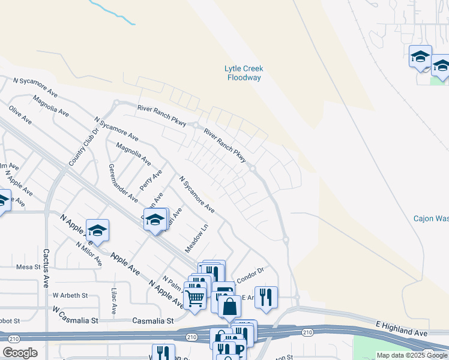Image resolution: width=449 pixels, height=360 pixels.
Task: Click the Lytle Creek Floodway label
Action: click(244, 73)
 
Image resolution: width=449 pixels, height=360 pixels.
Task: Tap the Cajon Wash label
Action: click(430, 218)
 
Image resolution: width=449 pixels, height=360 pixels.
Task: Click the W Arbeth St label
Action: click(70, 295)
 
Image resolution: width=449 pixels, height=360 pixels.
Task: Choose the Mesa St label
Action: click(28, 267)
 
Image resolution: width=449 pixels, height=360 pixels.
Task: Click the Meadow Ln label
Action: click(200, 238)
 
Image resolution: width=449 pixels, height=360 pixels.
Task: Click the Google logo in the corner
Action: click(20, 353)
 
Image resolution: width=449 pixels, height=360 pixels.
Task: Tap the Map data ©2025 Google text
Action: click(411, 355)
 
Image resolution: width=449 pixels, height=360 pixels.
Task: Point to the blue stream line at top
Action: click(112, 13)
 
